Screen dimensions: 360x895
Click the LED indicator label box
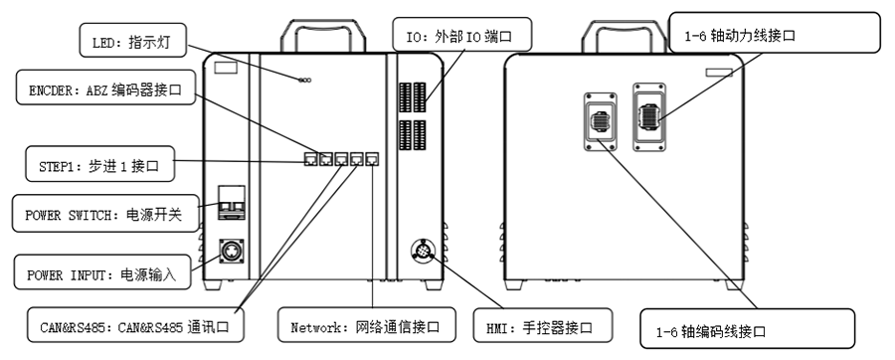pos(132,41)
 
